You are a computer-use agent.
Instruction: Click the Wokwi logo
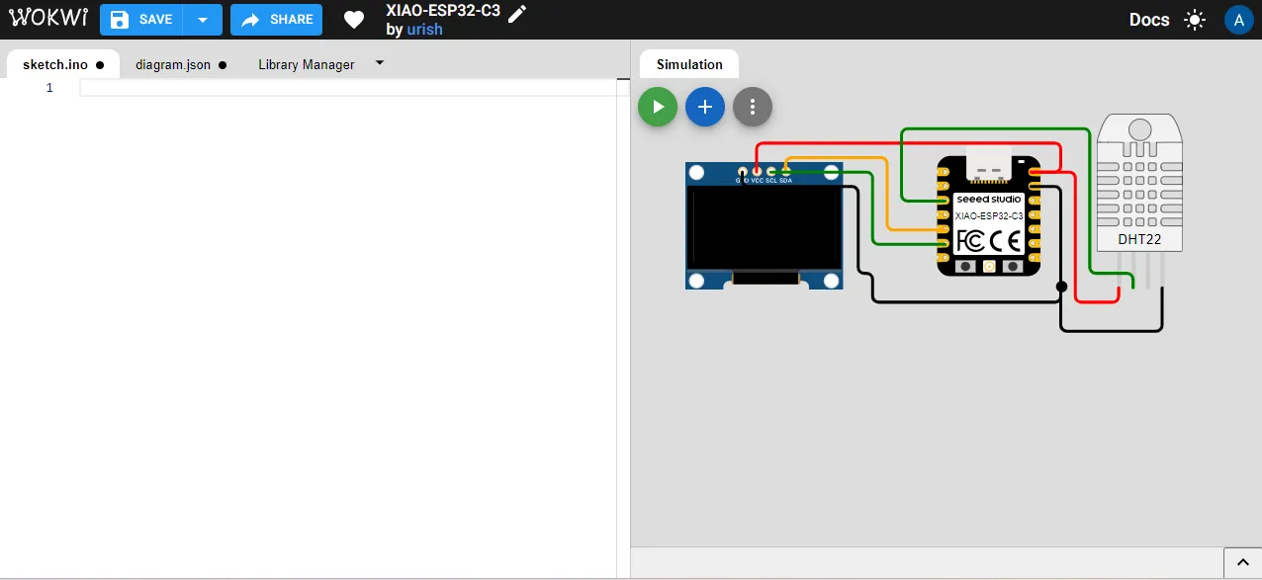(46, 19)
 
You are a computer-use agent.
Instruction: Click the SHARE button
(277, 20)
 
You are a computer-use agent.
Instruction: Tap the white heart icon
(354, 20)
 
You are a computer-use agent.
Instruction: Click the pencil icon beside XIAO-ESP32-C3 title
(517, 12)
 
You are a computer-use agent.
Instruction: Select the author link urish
(424, 30)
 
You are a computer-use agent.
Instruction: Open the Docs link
(1149, 20)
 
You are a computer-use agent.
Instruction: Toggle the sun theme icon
(1195, 20)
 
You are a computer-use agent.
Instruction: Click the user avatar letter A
(1238, 20)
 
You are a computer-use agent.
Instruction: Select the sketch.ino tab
(55, 64)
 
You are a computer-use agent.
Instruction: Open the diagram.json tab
(173, 64)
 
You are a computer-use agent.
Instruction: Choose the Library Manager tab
(307, 64)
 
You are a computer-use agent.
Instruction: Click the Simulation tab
(689, 64)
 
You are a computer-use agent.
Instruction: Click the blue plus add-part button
(705, 107)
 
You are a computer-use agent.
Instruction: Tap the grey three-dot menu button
(753, 107)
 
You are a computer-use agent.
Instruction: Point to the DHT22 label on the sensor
(1139, 239)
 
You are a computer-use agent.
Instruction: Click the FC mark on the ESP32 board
(970, 240)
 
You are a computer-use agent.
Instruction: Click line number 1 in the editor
(49, 88)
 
